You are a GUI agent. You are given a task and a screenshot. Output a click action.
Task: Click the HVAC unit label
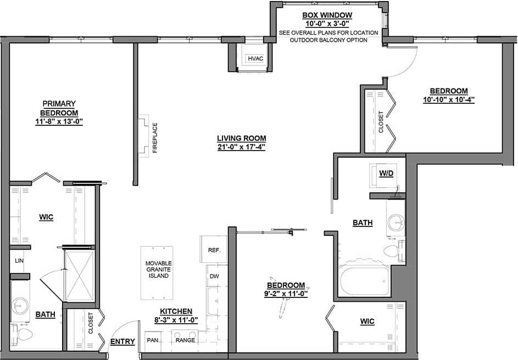(x=255, y=58)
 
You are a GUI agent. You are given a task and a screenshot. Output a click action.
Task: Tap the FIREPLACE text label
(x=155, y=137)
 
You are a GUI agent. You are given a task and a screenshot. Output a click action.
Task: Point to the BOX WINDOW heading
(x=327, y=15)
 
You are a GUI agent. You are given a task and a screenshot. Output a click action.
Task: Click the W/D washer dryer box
(x=386, y=174)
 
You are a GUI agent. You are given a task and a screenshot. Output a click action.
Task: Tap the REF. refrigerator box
(x=214, y=250)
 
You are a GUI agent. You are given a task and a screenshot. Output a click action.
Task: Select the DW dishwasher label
(x=214, y=276)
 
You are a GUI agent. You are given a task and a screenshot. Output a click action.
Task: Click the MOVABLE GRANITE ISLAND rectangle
(x=157, y=273)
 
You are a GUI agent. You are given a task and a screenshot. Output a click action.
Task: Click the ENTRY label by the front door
(x=122, y=341)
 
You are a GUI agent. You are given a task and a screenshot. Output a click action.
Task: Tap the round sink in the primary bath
(x=22, y=303)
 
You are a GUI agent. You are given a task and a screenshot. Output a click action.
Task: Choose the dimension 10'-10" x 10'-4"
(x=448, y=100)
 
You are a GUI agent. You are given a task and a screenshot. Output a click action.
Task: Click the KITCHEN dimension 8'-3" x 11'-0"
(x=176, y=320)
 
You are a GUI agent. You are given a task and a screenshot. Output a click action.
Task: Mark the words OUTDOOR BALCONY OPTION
(x=328, y=41)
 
